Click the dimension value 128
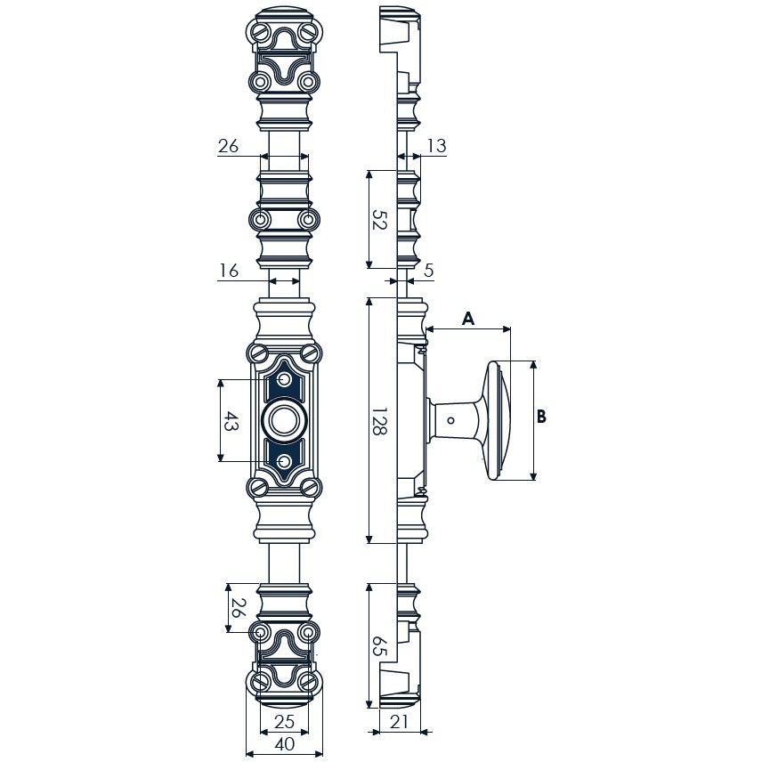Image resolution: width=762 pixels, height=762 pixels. [379, 420]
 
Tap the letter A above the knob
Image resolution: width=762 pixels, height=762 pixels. [467, 319]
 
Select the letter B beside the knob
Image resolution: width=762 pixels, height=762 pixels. [541, 417]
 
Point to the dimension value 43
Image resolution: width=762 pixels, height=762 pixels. [231, 421]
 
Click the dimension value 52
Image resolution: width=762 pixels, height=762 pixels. [379, 219]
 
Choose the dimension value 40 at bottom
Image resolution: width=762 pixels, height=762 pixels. [284, 743]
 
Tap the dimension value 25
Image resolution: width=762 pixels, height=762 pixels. [284, 721]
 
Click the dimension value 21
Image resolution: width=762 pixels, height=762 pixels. [399, 722]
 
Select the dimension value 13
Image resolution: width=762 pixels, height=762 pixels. [437, 145]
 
